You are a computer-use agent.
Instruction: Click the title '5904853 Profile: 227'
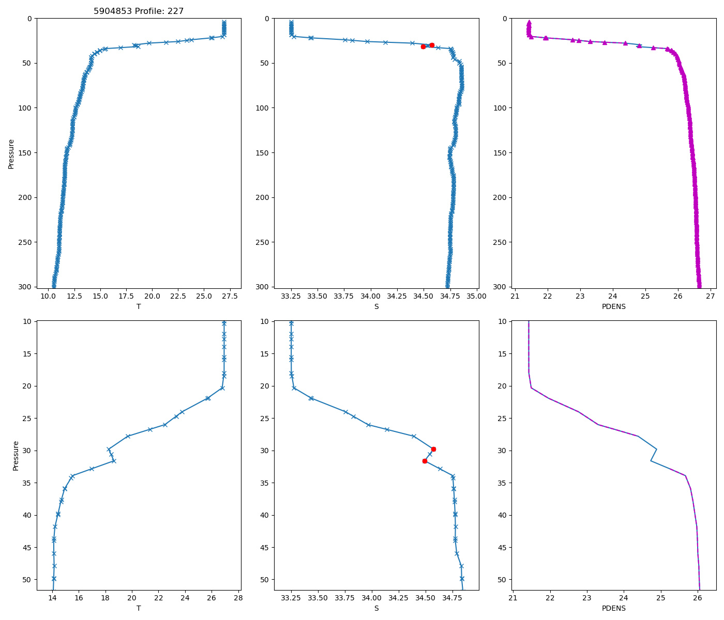click(x=139, y=11)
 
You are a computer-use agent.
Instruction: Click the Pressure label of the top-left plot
click(x=11, y=153)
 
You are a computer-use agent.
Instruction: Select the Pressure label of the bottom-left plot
click(x=16, y=456)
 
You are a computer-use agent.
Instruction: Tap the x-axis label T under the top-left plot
click(x=139, y=306)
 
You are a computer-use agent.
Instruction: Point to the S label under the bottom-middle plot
click(x=376, y=608)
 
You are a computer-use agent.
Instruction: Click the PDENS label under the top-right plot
click(x=614, y=306)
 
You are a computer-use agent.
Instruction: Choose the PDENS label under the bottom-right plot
click(x=614, y=608)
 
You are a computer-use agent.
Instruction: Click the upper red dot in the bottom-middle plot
click(x=433, y=449)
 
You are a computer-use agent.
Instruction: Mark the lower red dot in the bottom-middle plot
click(x=425, y=461)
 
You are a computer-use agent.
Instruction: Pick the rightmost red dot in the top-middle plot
click(x=432, y=45)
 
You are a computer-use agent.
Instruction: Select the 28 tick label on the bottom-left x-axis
click(x=238, y=598)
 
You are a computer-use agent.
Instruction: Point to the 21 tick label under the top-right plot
click(x=515, y=296)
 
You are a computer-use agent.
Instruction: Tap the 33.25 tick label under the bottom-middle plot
click(x=291, y=598)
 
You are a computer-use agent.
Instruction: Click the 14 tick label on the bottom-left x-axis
click(x=52, y=598)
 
